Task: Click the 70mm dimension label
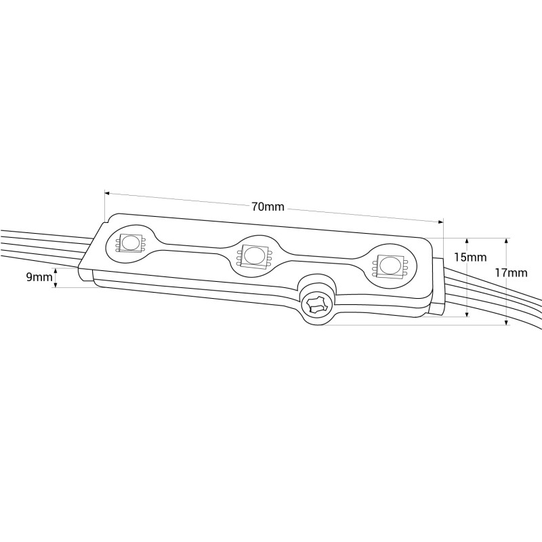click(268, 207)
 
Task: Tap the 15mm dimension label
click(470, 257)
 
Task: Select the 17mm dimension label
click(512, 273)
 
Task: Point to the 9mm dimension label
click(39, 277)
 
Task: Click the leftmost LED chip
click(129, 243)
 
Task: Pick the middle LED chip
click(253, 256)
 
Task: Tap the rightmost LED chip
click(389, 266)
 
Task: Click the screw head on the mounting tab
click(314, 304)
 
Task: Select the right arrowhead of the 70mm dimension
click(440, 222)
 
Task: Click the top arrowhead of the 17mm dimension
click(506, 241)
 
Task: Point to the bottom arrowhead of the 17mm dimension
click(506, 322)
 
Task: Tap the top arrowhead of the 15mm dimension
click(467, 241)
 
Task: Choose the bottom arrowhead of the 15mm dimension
click(467, 313)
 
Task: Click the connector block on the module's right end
click(438, 286)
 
